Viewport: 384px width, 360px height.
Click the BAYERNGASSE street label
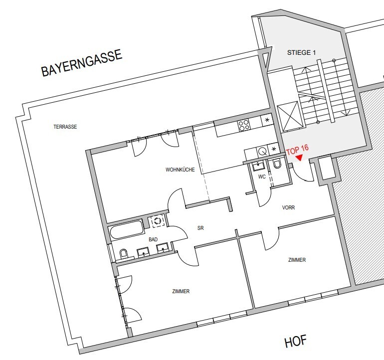pyautogui.click(x=82, y=63)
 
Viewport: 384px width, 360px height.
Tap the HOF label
pyautogui.click(x=296, y=342)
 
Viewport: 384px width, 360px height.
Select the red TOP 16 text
pyautogui.click(x=297, y=150)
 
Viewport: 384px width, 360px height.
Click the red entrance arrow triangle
pyautogui.click(x=299, y=158)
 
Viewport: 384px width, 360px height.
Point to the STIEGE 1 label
pyautogui.click(x=302, y=53)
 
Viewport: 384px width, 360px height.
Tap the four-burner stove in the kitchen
pyautogui.click(x=244, y=125)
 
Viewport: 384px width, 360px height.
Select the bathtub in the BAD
pyautogui.click(x=127, y=230)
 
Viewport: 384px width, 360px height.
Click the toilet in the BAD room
pyautogui.click(x=124, y=253)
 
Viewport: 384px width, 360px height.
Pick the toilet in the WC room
pyautogui.click(x=277, y=164)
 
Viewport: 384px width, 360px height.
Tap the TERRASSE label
pyautogui.click(x=65, y=127)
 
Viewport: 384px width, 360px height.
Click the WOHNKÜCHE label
pyautogui.click(x=180, y=170)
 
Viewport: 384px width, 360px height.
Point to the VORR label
pyautogui.click(x=288, y=208)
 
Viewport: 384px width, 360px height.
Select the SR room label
pyautogui.click(x=200, y=228)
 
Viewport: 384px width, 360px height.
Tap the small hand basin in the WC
pyautogui.click(x=259, y=166)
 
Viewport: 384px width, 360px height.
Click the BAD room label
pyautogui.click(x=153, y=239)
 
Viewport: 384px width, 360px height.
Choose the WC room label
pyautogui.click(x=262, y=177)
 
